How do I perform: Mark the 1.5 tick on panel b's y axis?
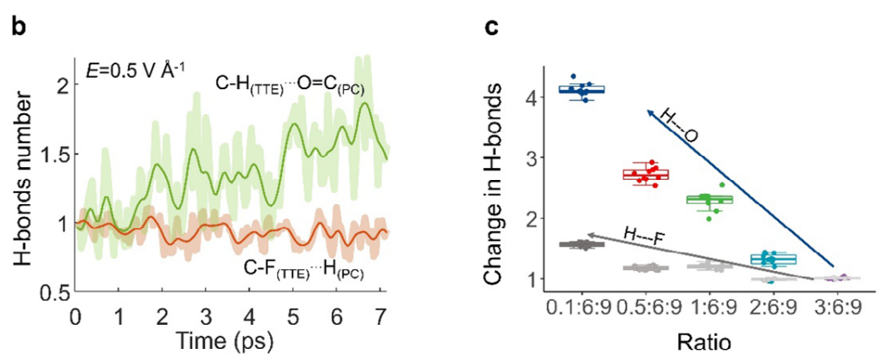[x=53, y=155]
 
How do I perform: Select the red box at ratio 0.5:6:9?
[x=645, y=175]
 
